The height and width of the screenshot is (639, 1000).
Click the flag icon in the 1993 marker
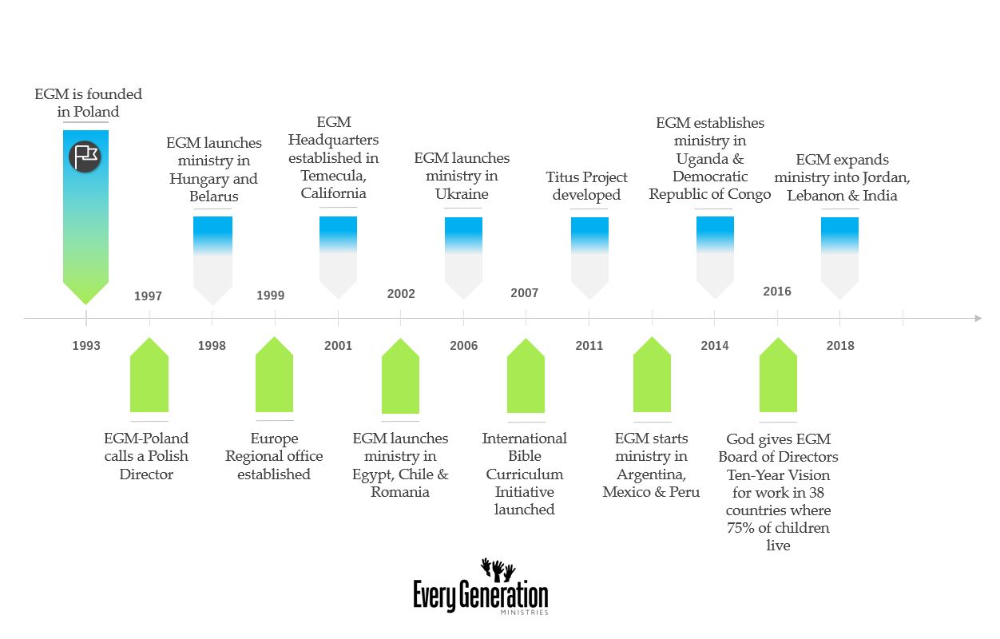point(85,156)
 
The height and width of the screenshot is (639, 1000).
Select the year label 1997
point(148,296)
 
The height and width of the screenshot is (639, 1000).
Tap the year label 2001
point(338,346)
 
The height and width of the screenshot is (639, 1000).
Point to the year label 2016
point(777,292)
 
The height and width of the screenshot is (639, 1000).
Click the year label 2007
point(524,293)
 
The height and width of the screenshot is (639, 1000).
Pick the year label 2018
point(839,346)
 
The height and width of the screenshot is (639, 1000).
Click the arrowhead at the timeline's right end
point(977,319)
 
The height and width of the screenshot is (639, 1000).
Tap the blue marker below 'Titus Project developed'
point(589,256)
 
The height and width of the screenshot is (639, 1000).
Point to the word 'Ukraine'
point(462,194)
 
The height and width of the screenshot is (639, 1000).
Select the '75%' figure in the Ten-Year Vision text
point(742,528)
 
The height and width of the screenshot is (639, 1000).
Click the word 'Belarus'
point(214,196)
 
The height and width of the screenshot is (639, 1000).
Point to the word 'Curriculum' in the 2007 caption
point(524,474)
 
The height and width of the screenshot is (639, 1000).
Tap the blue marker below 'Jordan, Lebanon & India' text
point(839,256)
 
